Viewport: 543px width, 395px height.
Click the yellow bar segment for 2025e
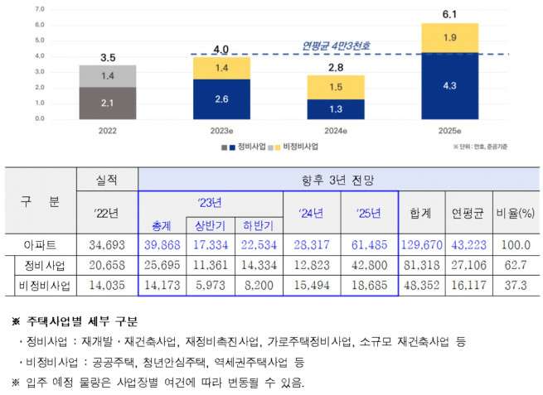[x=449, y=37]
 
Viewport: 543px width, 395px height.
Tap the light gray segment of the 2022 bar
[x=108, y=75]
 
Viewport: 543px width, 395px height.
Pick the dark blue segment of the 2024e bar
[x=335, y=109]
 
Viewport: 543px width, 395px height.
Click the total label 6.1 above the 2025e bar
[x=449, y=14]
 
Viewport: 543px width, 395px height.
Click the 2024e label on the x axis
[x=335, y=131]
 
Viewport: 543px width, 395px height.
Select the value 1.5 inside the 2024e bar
[x=335, y=87]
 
